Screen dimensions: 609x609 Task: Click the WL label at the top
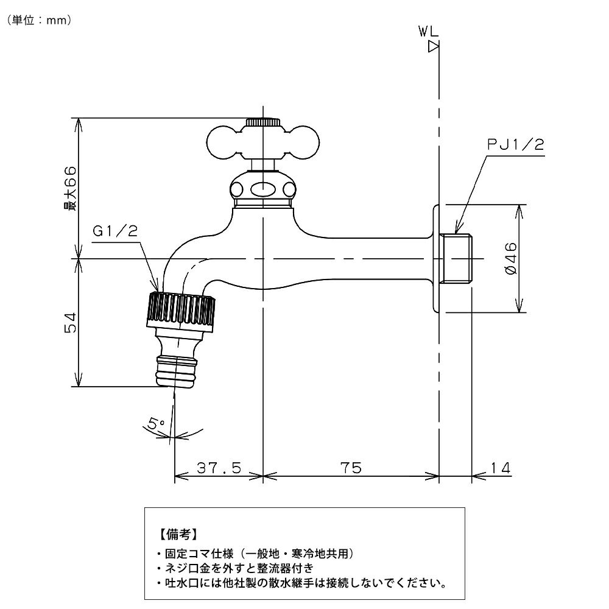tap(429, 32)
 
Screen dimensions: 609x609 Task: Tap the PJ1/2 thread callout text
tap(515, 144)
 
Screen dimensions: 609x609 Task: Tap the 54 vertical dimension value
tap(71, 323)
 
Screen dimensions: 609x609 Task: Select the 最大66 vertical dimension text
tap(71, 188)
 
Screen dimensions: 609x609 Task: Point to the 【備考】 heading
tap(177, 535)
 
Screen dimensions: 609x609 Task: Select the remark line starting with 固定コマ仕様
tap(255, 554)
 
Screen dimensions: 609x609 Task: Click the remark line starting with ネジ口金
tap(234, 569)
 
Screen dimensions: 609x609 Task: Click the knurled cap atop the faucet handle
tap(263, 122)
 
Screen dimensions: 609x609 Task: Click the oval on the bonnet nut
tap(263, 189)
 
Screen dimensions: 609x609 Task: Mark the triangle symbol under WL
tap(434, 47)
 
